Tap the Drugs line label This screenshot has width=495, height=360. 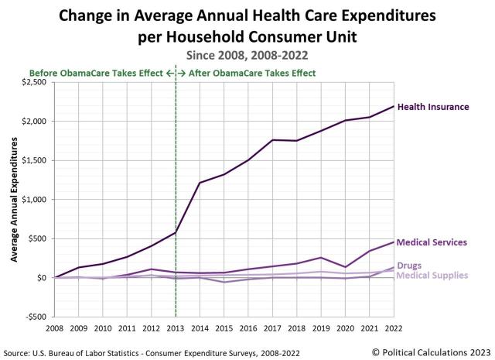410,266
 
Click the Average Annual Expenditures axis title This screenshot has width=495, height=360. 14,200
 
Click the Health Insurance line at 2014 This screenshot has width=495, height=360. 200,183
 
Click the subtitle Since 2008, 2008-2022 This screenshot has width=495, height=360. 247,55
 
